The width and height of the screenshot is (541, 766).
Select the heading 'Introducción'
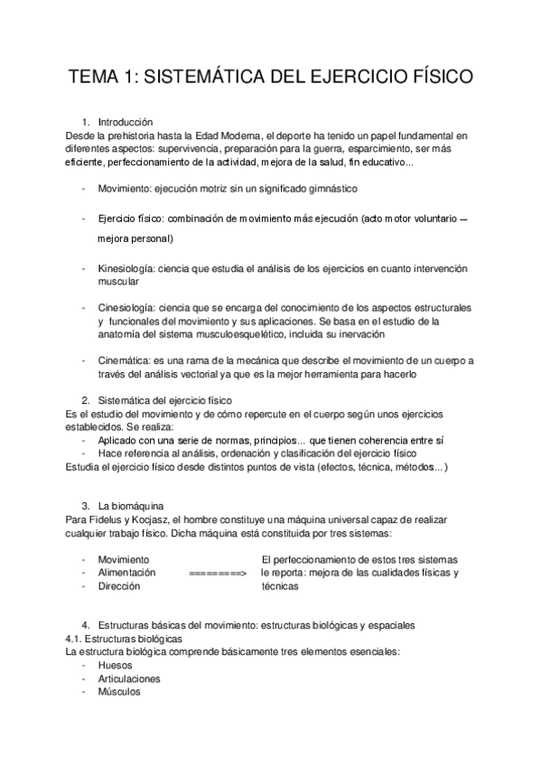click(x=126, y=122)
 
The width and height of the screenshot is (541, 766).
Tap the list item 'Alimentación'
click(x=126, y=573)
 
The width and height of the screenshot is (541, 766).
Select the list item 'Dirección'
click(x=119, y=585)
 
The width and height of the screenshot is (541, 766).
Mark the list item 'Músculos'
click(x=119, y=692)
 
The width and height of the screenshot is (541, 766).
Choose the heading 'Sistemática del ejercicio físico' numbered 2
click(x=164, y=399)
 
